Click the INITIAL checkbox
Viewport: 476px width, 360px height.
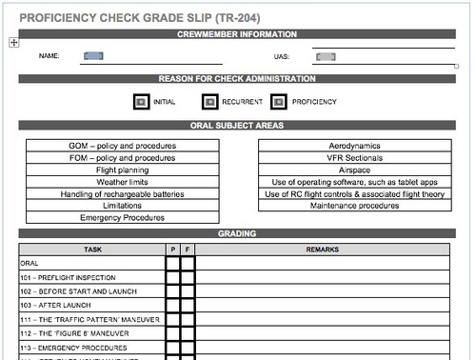tap(141, 102)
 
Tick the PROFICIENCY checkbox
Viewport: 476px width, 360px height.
tap(279, 102)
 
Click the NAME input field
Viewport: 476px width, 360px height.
tap(93, 56)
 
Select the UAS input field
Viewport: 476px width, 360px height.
tap(326, 56)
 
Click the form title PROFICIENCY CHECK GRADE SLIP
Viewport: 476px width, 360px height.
tap(140, 18)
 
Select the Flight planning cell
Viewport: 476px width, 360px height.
tap(122, 170)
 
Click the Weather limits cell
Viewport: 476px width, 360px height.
tap(122, 182)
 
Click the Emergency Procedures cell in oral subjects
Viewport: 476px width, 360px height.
tap(122, 218)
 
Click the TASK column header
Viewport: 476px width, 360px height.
tap(92, 248)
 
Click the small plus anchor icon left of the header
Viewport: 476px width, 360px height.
tap(12, 42)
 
